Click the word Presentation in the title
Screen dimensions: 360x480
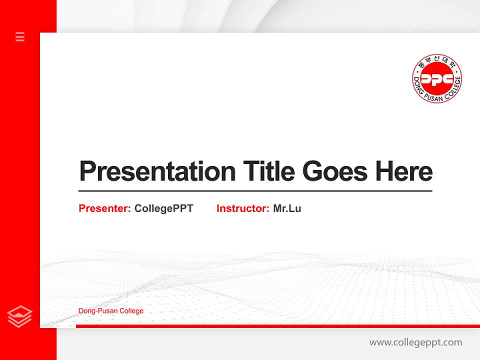pyautogui.click(x=157, y=172)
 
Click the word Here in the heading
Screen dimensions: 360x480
pyautogui.click(x=404, y=172)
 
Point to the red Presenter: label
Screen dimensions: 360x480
pyautogui.click(x=104, y=208)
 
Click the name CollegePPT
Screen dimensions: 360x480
pyautogui.click(x=163, y=208)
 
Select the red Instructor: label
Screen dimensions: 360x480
pyautogui.click(x=242, y=208)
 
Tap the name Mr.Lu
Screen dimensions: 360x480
pyautogui.click(x=287, y=208)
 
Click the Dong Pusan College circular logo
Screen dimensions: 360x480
pyautogui.click(x=436, y=78)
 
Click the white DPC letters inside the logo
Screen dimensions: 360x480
pyautogui.click(x=436, y=79)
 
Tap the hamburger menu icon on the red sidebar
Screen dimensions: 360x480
pyautogui.click(x=20, y=36)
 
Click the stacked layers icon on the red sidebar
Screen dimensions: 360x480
pyautogui.click(x=20, y=316)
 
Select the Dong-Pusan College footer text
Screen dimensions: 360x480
pyautogui.click(x=111, y=311)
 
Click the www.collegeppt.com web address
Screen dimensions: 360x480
pyautogui.click(x=415, y=342)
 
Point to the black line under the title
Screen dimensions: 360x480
pyautogui.click(x=255, y=191)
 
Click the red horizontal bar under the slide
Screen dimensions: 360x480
pyautogui.click(x=277, y=326)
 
